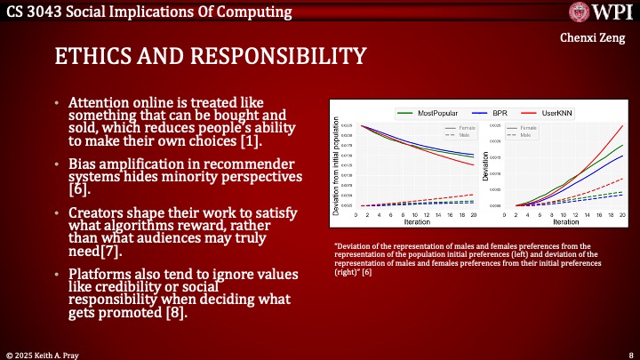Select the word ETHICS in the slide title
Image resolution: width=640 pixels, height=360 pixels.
(92, 57)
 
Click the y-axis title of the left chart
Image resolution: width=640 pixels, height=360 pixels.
(335, 167)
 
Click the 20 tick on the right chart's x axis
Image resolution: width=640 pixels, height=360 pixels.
(622, 215)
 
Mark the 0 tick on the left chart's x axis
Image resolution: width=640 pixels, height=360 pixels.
(356, 215)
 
